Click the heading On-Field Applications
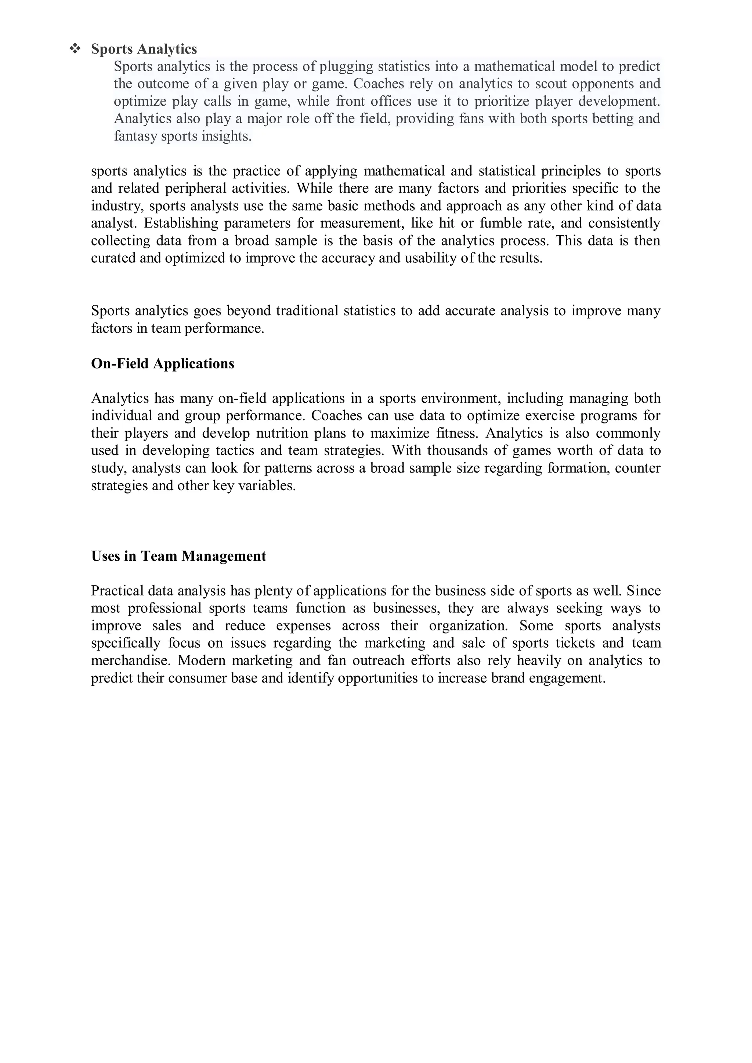pyautogui.click(x=163, y=363)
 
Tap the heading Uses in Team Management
pyautogui.click(x=178, y=556)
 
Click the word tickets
pyautogui.click(x=575, y=643)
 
